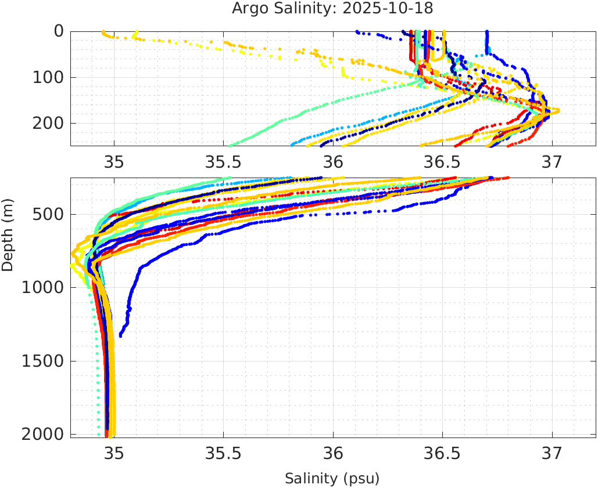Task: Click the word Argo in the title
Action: pyautogui.click(x=247, y=9)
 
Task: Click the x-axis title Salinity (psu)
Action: pyautogui.click(x=332, y=479)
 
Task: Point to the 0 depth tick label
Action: pyautogui.click(x=59, y=31)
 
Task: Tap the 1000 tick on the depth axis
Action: pyautogui.click(x=42, y=288)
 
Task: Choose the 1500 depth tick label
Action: pyautogui.click(x=42, y=361)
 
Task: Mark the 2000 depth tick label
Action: pyautogui.click(x=42, y=435)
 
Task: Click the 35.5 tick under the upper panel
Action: pyautogui.click(x=224, y=161)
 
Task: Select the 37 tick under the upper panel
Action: pyautogui.click(x=552, y=161)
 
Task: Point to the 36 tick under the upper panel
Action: pyautogui.click(x=333, y=161)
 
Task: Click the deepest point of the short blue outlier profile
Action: pyautogui.click(x=121, y=335)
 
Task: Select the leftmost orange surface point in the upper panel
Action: pyautogui.click(x=103, y=32)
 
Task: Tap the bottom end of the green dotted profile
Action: pyautogui.click(x=98, y=434)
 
